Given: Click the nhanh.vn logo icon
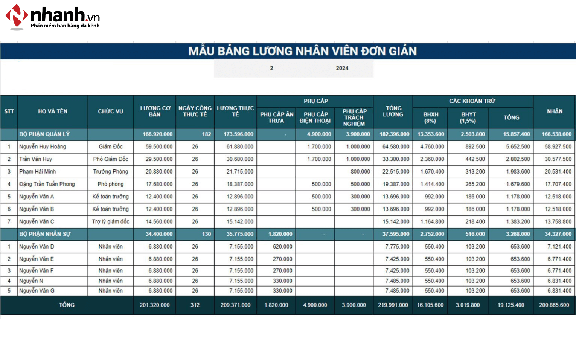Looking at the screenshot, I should click(17, 17).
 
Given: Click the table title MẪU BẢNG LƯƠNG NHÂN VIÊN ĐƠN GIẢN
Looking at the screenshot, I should click(302, 51).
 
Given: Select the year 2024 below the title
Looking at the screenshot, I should click(342, 68).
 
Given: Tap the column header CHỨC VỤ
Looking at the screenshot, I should click(110, 111).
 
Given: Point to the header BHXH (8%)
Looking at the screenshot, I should click(430, 117).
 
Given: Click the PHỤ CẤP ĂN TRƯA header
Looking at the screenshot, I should click(276, 117).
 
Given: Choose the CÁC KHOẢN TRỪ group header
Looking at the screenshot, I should click(472, 101).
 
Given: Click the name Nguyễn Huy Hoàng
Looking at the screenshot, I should click(43, 146).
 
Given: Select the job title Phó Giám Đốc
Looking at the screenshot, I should click(111, 159).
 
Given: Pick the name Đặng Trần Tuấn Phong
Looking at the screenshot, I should click(47, 184).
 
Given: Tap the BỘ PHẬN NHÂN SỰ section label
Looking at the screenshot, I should click(45, 234).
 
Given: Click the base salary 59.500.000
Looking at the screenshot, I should click(159, 146).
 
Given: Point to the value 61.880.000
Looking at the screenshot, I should click(240, 146).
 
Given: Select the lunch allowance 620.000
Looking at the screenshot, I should click(282, 247).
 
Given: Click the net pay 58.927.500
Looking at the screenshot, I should click(558, 146).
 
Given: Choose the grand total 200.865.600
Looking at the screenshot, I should click(554, 305).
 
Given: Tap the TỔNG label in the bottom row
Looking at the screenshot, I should click(67, 305).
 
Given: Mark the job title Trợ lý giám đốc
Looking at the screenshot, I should click(111, 221).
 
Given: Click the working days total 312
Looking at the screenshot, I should click(195, 305).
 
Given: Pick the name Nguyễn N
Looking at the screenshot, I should click(31, 281).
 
